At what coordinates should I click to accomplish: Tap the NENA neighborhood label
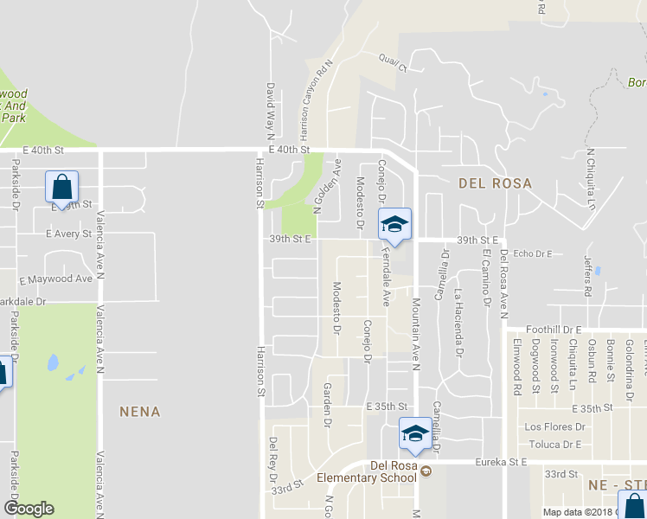point(140,412)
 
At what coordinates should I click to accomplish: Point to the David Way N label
point(270,111)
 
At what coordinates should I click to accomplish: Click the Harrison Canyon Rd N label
point(316,99)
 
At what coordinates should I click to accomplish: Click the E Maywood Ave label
point(56,279)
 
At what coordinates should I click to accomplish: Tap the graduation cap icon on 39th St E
point(394,225)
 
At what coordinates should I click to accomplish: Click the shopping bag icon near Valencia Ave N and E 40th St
point(62,186)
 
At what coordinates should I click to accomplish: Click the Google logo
point(29,509)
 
